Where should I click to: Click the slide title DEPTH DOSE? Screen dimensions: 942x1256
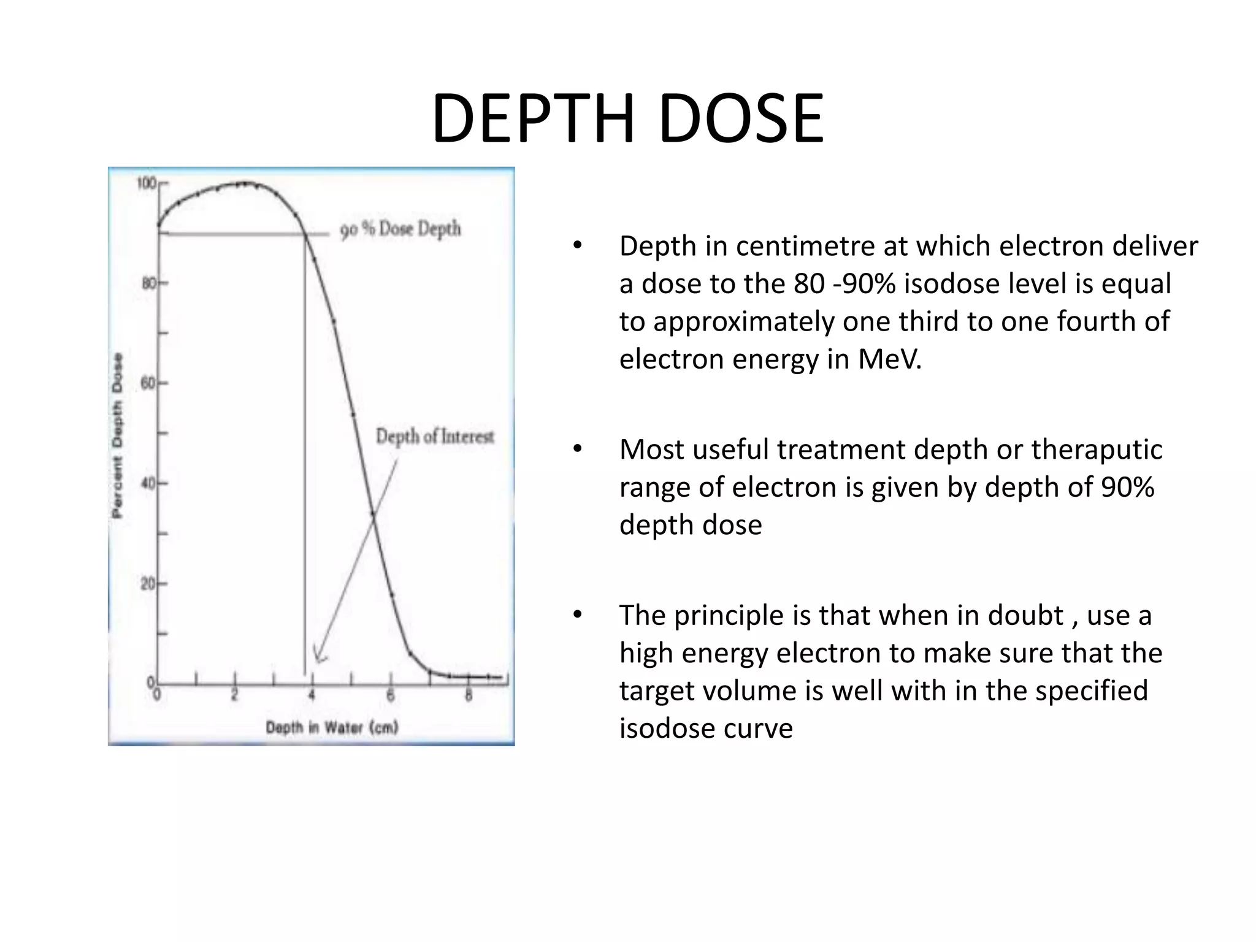627,118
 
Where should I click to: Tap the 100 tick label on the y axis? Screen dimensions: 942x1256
146,183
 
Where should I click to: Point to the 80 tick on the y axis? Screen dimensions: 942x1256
148,283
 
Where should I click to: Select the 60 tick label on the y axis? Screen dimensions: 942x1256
148,383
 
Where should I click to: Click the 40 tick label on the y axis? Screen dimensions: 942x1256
148,483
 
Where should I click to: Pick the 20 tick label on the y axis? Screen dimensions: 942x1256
148,583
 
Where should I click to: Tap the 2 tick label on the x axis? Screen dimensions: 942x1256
234,695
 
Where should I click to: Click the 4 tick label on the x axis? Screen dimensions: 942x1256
312,695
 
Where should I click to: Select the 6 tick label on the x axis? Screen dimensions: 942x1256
390,695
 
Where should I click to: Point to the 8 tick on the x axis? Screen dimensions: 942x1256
469,695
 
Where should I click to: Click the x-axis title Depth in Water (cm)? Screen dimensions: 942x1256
332,727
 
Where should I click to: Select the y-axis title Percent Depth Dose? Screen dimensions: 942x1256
117,435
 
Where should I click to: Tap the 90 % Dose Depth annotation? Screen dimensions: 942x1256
400,229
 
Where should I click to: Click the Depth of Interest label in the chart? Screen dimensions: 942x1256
435,437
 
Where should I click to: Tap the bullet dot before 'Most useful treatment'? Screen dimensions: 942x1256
577,450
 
